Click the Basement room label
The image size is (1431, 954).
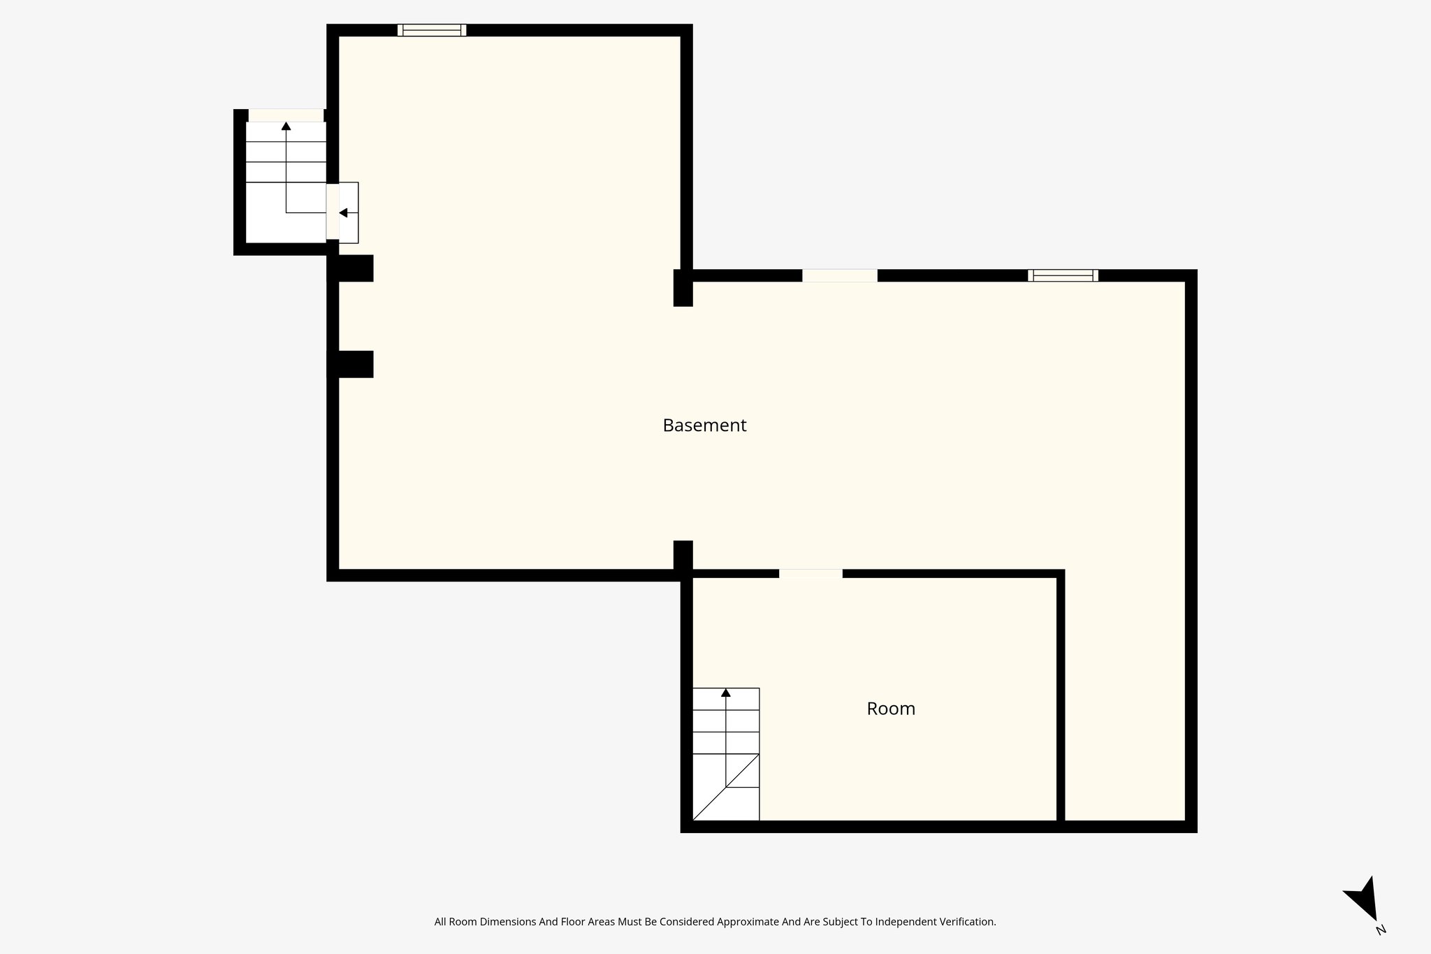coord(704,425)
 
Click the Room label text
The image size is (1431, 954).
coord(891,709)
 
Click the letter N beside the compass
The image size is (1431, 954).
coord(1381,930)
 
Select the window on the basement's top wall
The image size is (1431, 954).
coord(432,30)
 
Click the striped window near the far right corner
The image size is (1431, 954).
coord(1063,275)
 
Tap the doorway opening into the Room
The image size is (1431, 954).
coord(811,574)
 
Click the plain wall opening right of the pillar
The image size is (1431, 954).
coord(839,275)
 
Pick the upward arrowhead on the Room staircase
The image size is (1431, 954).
coord(726,693)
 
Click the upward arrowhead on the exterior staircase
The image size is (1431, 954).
coord(286,126)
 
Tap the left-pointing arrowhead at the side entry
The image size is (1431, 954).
coord(343,212)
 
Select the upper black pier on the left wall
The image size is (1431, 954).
coord(351,268)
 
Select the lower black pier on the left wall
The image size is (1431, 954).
coord(351,364)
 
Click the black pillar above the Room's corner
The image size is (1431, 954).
coord(683,556)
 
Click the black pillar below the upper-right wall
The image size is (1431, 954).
coord(683,288)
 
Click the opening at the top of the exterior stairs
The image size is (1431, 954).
coord(286,115)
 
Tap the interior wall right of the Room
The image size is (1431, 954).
coord(1060,699)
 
